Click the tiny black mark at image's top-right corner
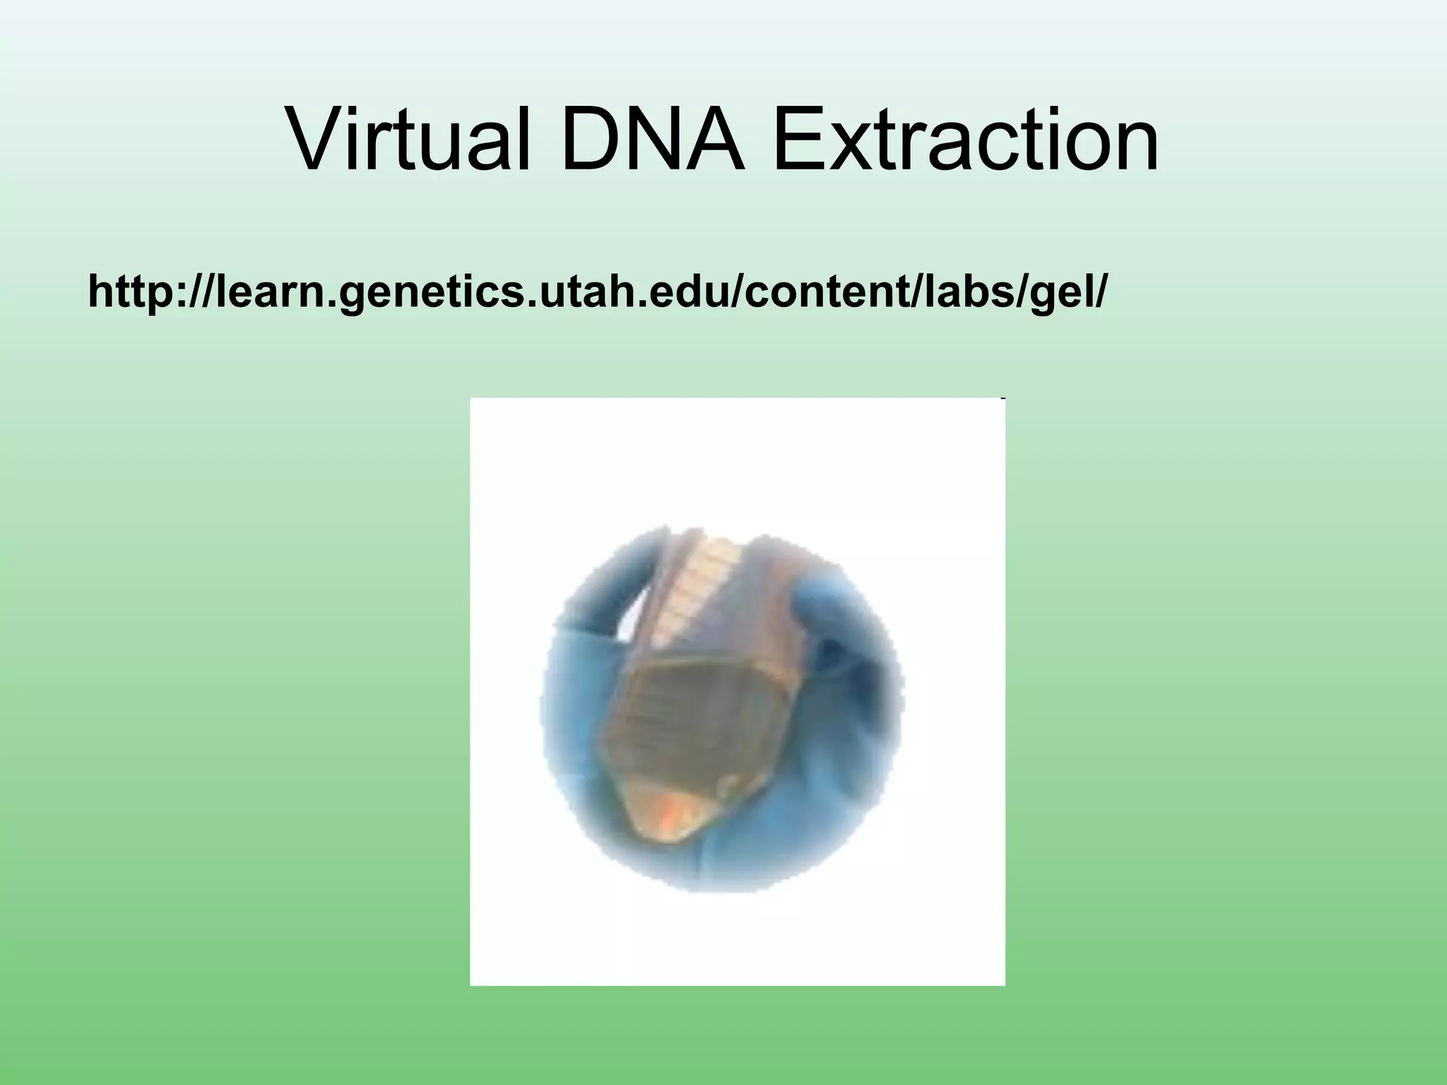[1003, 399]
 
